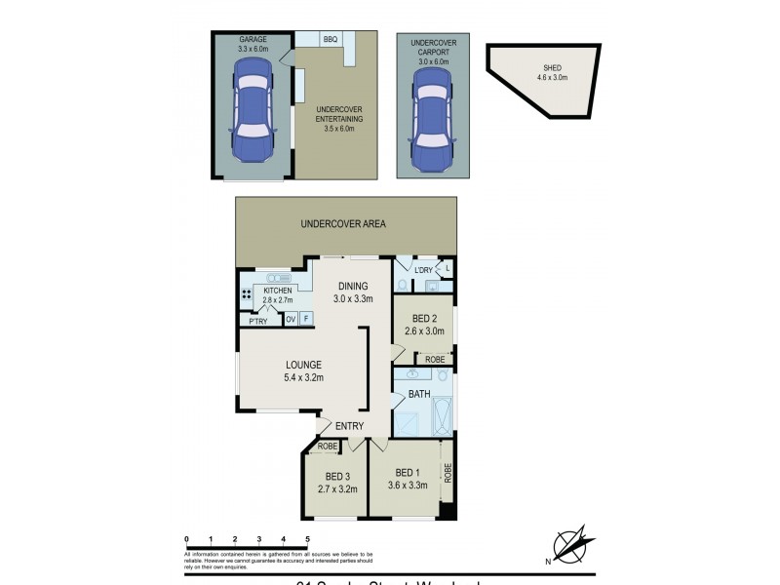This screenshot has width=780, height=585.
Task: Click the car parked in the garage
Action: tap(253, 113)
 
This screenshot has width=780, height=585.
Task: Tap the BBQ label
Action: tap(330, 39)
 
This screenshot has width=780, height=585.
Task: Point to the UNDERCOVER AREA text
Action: tap(343, 224)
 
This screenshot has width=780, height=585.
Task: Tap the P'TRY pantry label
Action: tap(258, 321)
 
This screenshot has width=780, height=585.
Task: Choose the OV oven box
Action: tap(291, 320)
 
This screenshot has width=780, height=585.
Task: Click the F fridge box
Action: tap(305, 320)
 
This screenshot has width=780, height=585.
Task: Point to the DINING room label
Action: tap(353, 286)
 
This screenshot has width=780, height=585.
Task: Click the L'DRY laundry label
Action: tap(423, 269)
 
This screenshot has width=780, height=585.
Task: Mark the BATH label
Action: tap(420, 394)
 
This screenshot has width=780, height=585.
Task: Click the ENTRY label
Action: tap(349, 426)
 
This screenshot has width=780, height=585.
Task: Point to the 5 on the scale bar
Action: tap(307, 539)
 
